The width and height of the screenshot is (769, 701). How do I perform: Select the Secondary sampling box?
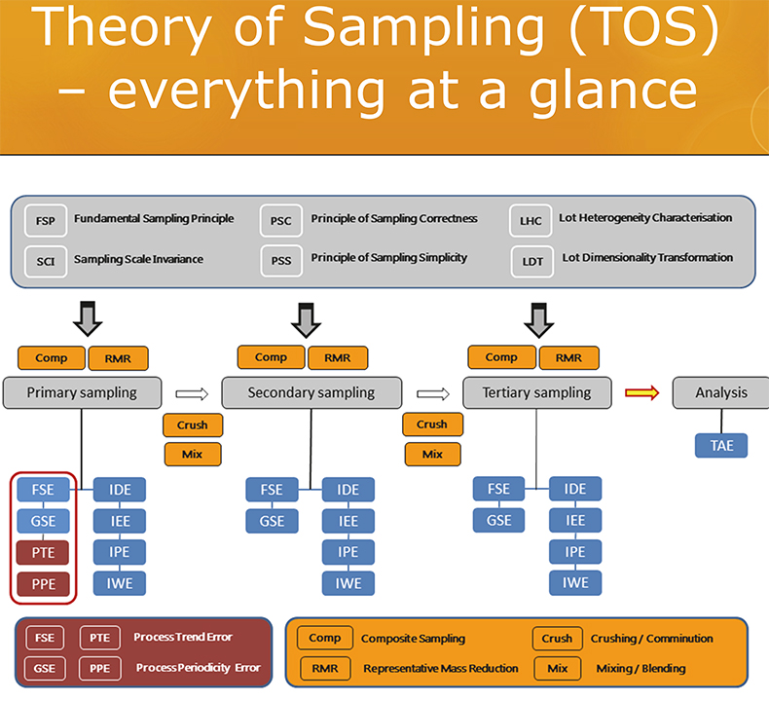point(311,393)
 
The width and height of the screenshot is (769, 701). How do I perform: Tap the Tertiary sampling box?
point(535,393)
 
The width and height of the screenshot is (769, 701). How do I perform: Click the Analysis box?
point(721,393)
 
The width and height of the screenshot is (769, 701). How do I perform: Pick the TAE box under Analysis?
point(721,446)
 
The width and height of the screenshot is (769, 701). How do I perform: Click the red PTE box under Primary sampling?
point(43,553)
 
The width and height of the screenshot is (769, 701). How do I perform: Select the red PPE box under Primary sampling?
point(43,585)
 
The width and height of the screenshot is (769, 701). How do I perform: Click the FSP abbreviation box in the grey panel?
point(46,220)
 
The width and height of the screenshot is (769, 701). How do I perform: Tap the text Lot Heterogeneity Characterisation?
point(645,218)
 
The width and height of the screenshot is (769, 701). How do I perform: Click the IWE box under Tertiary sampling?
point(574,582)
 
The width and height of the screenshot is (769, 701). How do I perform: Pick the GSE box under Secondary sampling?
point(273,521)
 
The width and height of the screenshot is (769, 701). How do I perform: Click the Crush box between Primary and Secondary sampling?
point(193,425)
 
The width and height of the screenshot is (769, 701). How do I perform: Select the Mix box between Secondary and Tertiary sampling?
point(431,454)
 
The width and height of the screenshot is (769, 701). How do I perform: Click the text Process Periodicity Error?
point(198,668)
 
